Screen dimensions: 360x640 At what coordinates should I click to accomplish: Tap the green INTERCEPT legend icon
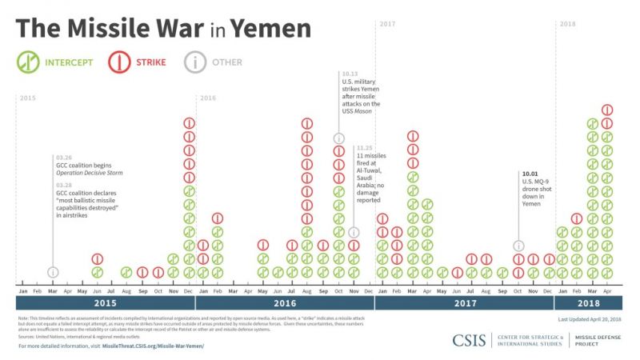29,62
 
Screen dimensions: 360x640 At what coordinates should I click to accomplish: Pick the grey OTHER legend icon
194,62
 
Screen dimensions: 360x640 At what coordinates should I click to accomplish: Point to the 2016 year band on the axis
285,303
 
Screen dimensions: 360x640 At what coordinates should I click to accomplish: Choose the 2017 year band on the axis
464,303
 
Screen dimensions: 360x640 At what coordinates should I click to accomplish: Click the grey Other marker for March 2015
53,272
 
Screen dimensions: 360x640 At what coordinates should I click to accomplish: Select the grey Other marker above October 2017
518,246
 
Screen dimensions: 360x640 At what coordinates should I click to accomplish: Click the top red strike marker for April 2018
607,110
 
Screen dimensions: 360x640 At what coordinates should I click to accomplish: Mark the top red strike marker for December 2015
190,123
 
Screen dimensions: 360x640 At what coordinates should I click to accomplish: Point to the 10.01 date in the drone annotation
529,174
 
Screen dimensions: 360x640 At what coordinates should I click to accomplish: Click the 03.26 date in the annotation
63,157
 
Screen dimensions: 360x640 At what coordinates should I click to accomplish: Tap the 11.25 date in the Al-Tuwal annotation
364,148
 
